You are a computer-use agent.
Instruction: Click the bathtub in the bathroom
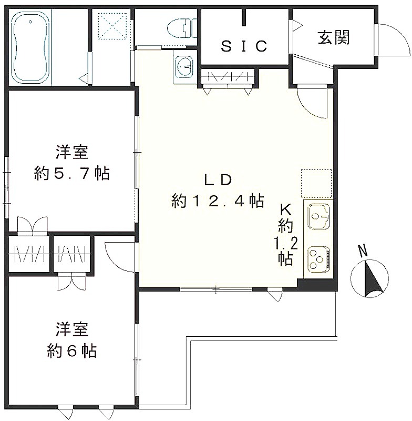31,47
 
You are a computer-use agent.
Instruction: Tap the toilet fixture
182,28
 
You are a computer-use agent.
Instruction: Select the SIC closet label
244,46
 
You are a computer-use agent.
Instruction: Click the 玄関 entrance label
334,37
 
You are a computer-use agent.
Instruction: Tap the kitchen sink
318,216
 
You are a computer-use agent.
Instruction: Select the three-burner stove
318,258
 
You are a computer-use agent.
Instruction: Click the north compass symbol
369,278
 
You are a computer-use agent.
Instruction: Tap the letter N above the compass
363,252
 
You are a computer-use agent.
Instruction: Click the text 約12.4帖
218,201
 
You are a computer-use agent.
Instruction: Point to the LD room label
218,180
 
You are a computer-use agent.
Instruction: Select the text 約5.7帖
71,174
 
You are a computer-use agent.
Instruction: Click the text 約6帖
71,351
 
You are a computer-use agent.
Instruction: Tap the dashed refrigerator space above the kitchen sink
316,184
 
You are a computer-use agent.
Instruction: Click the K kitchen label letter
286,209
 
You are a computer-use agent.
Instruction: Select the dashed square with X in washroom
112,26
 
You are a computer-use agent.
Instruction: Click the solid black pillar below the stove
317,285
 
